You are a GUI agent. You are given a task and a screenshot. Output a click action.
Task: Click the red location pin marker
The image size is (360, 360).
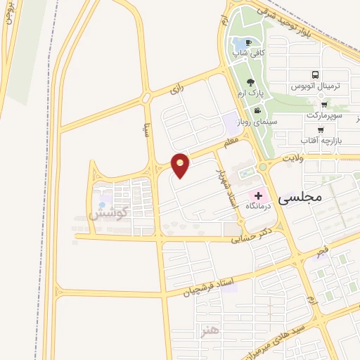(181, 165)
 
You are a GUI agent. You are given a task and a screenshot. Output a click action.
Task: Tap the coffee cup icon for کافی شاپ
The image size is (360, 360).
(247, 43)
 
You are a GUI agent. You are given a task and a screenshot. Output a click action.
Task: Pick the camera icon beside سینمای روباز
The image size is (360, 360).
(257, 110)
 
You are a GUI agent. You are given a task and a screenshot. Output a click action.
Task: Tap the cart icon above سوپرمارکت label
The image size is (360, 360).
(323, 103)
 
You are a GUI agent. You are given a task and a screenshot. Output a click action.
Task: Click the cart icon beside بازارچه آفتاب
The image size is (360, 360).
(321, 129)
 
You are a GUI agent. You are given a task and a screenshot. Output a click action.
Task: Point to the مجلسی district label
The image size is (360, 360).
(300, 198)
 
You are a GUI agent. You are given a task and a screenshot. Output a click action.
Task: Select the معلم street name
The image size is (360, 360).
(232, 143)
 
